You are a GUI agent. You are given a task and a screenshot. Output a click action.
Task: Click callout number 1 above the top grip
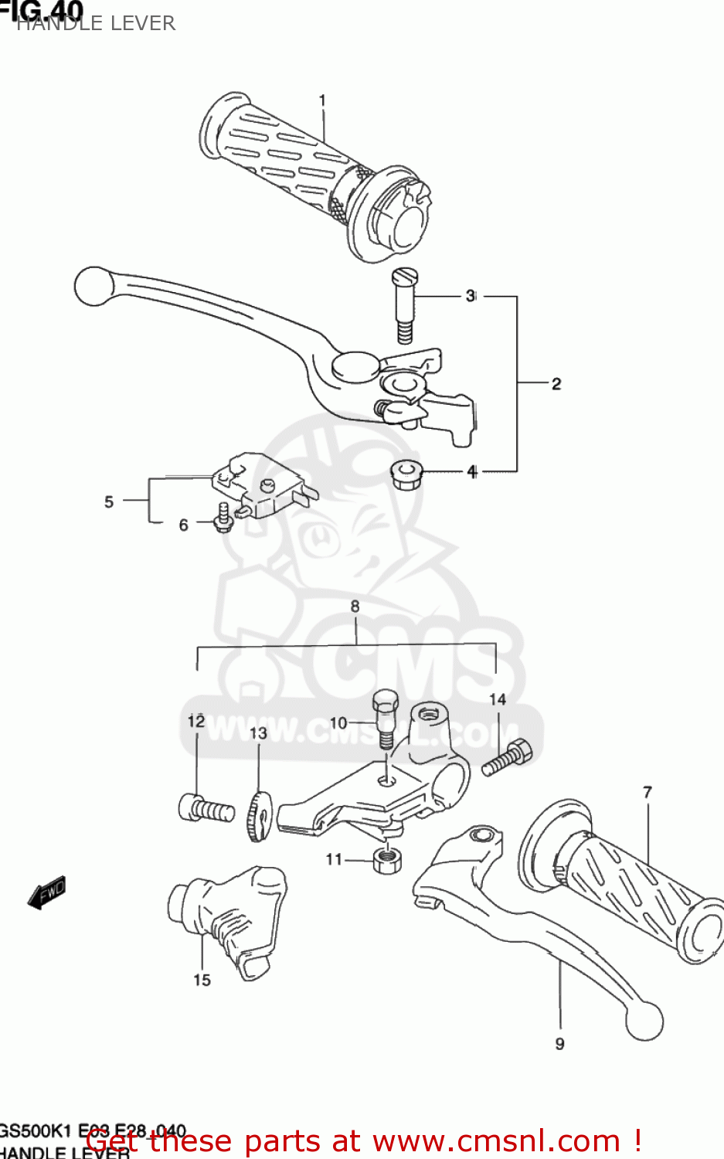point(322,100)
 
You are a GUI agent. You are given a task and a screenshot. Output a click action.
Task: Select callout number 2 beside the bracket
point(556,383)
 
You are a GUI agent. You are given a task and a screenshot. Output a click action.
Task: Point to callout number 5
point(109,502)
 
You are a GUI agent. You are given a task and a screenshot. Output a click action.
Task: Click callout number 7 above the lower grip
point(648,792)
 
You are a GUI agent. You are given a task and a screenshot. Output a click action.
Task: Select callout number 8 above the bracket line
point(355,607)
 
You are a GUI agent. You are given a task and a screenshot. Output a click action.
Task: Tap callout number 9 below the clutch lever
point(559,1044)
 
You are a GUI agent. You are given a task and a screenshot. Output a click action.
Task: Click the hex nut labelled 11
point(386,858)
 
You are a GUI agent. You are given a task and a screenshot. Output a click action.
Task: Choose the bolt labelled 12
point(206,809)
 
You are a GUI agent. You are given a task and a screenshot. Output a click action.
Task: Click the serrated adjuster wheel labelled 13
point(257,816)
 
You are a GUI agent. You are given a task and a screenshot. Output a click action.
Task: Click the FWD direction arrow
point(47,893)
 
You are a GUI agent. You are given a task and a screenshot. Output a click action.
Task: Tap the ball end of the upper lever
point(93,286)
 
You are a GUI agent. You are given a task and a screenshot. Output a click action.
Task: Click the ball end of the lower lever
point(644,1020)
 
